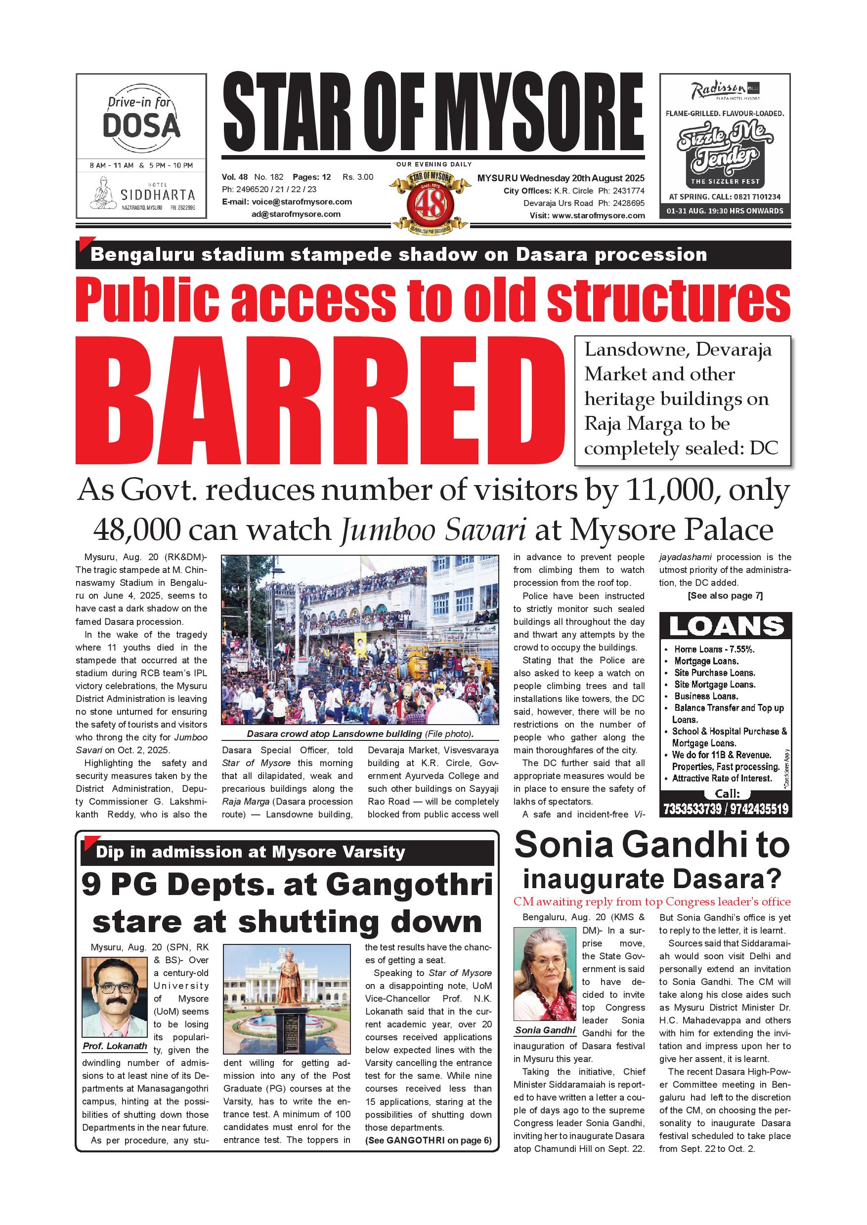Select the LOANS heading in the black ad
pos(726,626)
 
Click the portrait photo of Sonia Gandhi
pos(545,974)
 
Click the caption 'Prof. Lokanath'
pos(114,1046)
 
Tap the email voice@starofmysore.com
pos(302,202)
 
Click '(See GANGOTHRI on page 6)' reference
pos(428,1141)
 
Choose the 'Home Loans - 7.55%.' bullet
pos(713,650)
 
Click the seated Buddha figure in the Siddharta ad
pos(102,193)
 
